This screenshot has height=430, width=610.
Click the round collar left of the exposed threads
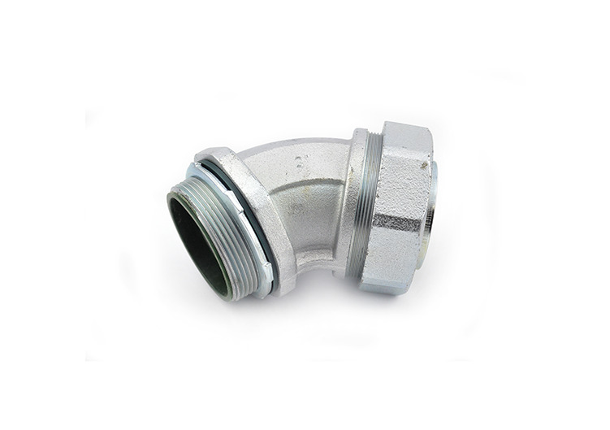pos(354,203)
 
